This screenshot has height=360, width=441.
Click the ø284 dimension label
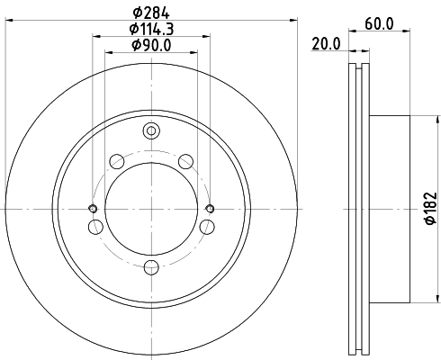(151, 13)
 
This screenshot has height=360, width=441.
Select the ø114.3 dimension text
(151, 29)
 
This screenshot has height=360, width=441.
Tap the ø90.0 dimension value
(151, 45)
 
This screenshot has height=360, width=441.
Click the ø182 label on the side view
(430, 208)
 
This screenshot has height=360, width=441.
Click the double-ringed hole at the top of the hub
(151, 131)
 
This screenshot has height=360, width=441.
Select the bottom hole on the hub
(151, 266)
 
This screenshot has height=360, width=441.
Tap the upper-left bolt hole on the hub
(116, 161)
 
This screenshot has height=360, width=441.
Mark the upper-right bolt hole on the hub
(186, 161)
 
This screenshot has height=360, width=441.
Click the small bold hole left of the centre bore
(93, 209)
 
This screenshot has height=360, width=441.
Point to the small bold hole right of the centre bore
(210, 209)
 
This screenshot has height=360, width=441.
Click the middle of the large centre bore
(151, 209)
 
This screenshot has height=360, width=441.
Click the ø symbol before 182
(430, 226)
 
